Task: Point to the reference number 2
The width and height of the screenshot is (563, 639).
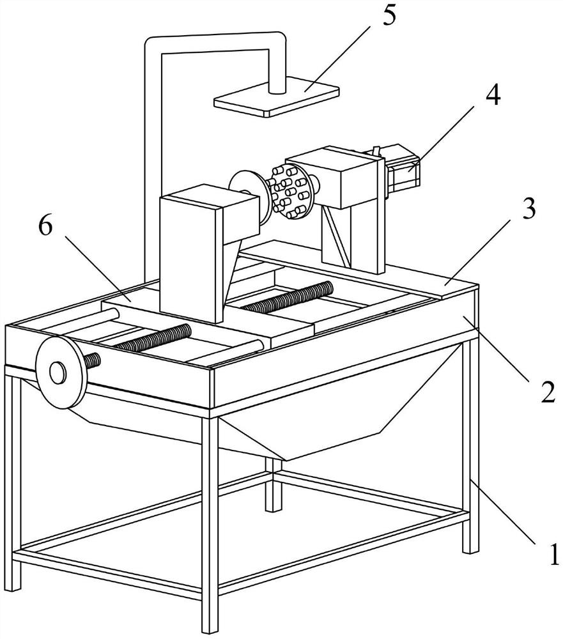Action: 548,392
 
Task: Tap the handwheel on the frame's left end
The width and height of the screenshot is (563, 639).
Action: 61,373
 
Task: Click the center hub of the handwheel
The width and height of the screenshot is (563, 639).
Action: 58,372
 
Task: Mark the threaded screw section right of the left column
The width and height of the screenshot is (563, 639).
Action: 287,296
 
